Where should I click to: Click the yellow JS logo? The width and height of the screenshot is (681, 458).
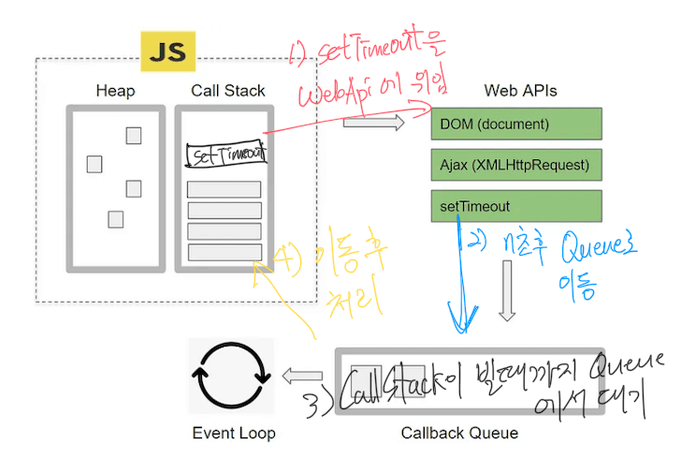167,51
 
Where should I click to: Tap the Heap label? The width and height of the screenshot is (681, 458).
115,91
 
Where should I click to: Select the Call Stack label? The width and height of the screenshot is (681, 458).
227,91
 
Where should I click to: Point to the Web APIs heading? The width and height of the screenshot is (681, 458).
520,91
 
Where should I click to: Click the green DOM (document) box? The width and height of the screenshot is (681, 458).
515,124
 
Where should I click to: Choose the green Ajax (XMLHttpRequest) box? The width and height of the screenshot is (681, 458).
515,165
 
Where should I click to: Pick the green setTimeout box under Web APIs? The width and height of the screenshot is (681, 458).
515,206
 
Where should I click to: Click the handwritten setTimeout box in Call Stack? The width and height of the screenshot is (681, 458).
226,155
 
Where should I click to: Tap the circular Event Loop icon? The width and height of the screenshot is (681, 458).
231,377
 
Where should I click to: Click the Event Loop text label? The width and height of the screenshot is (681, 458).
234,433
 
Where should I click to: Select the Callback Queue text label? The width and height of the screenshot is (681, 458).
459,433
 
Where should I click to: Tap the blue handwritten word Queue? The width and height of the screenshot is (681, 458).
587,249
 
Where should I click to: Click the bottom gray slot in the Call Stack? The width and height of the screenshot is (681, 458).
224,252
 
